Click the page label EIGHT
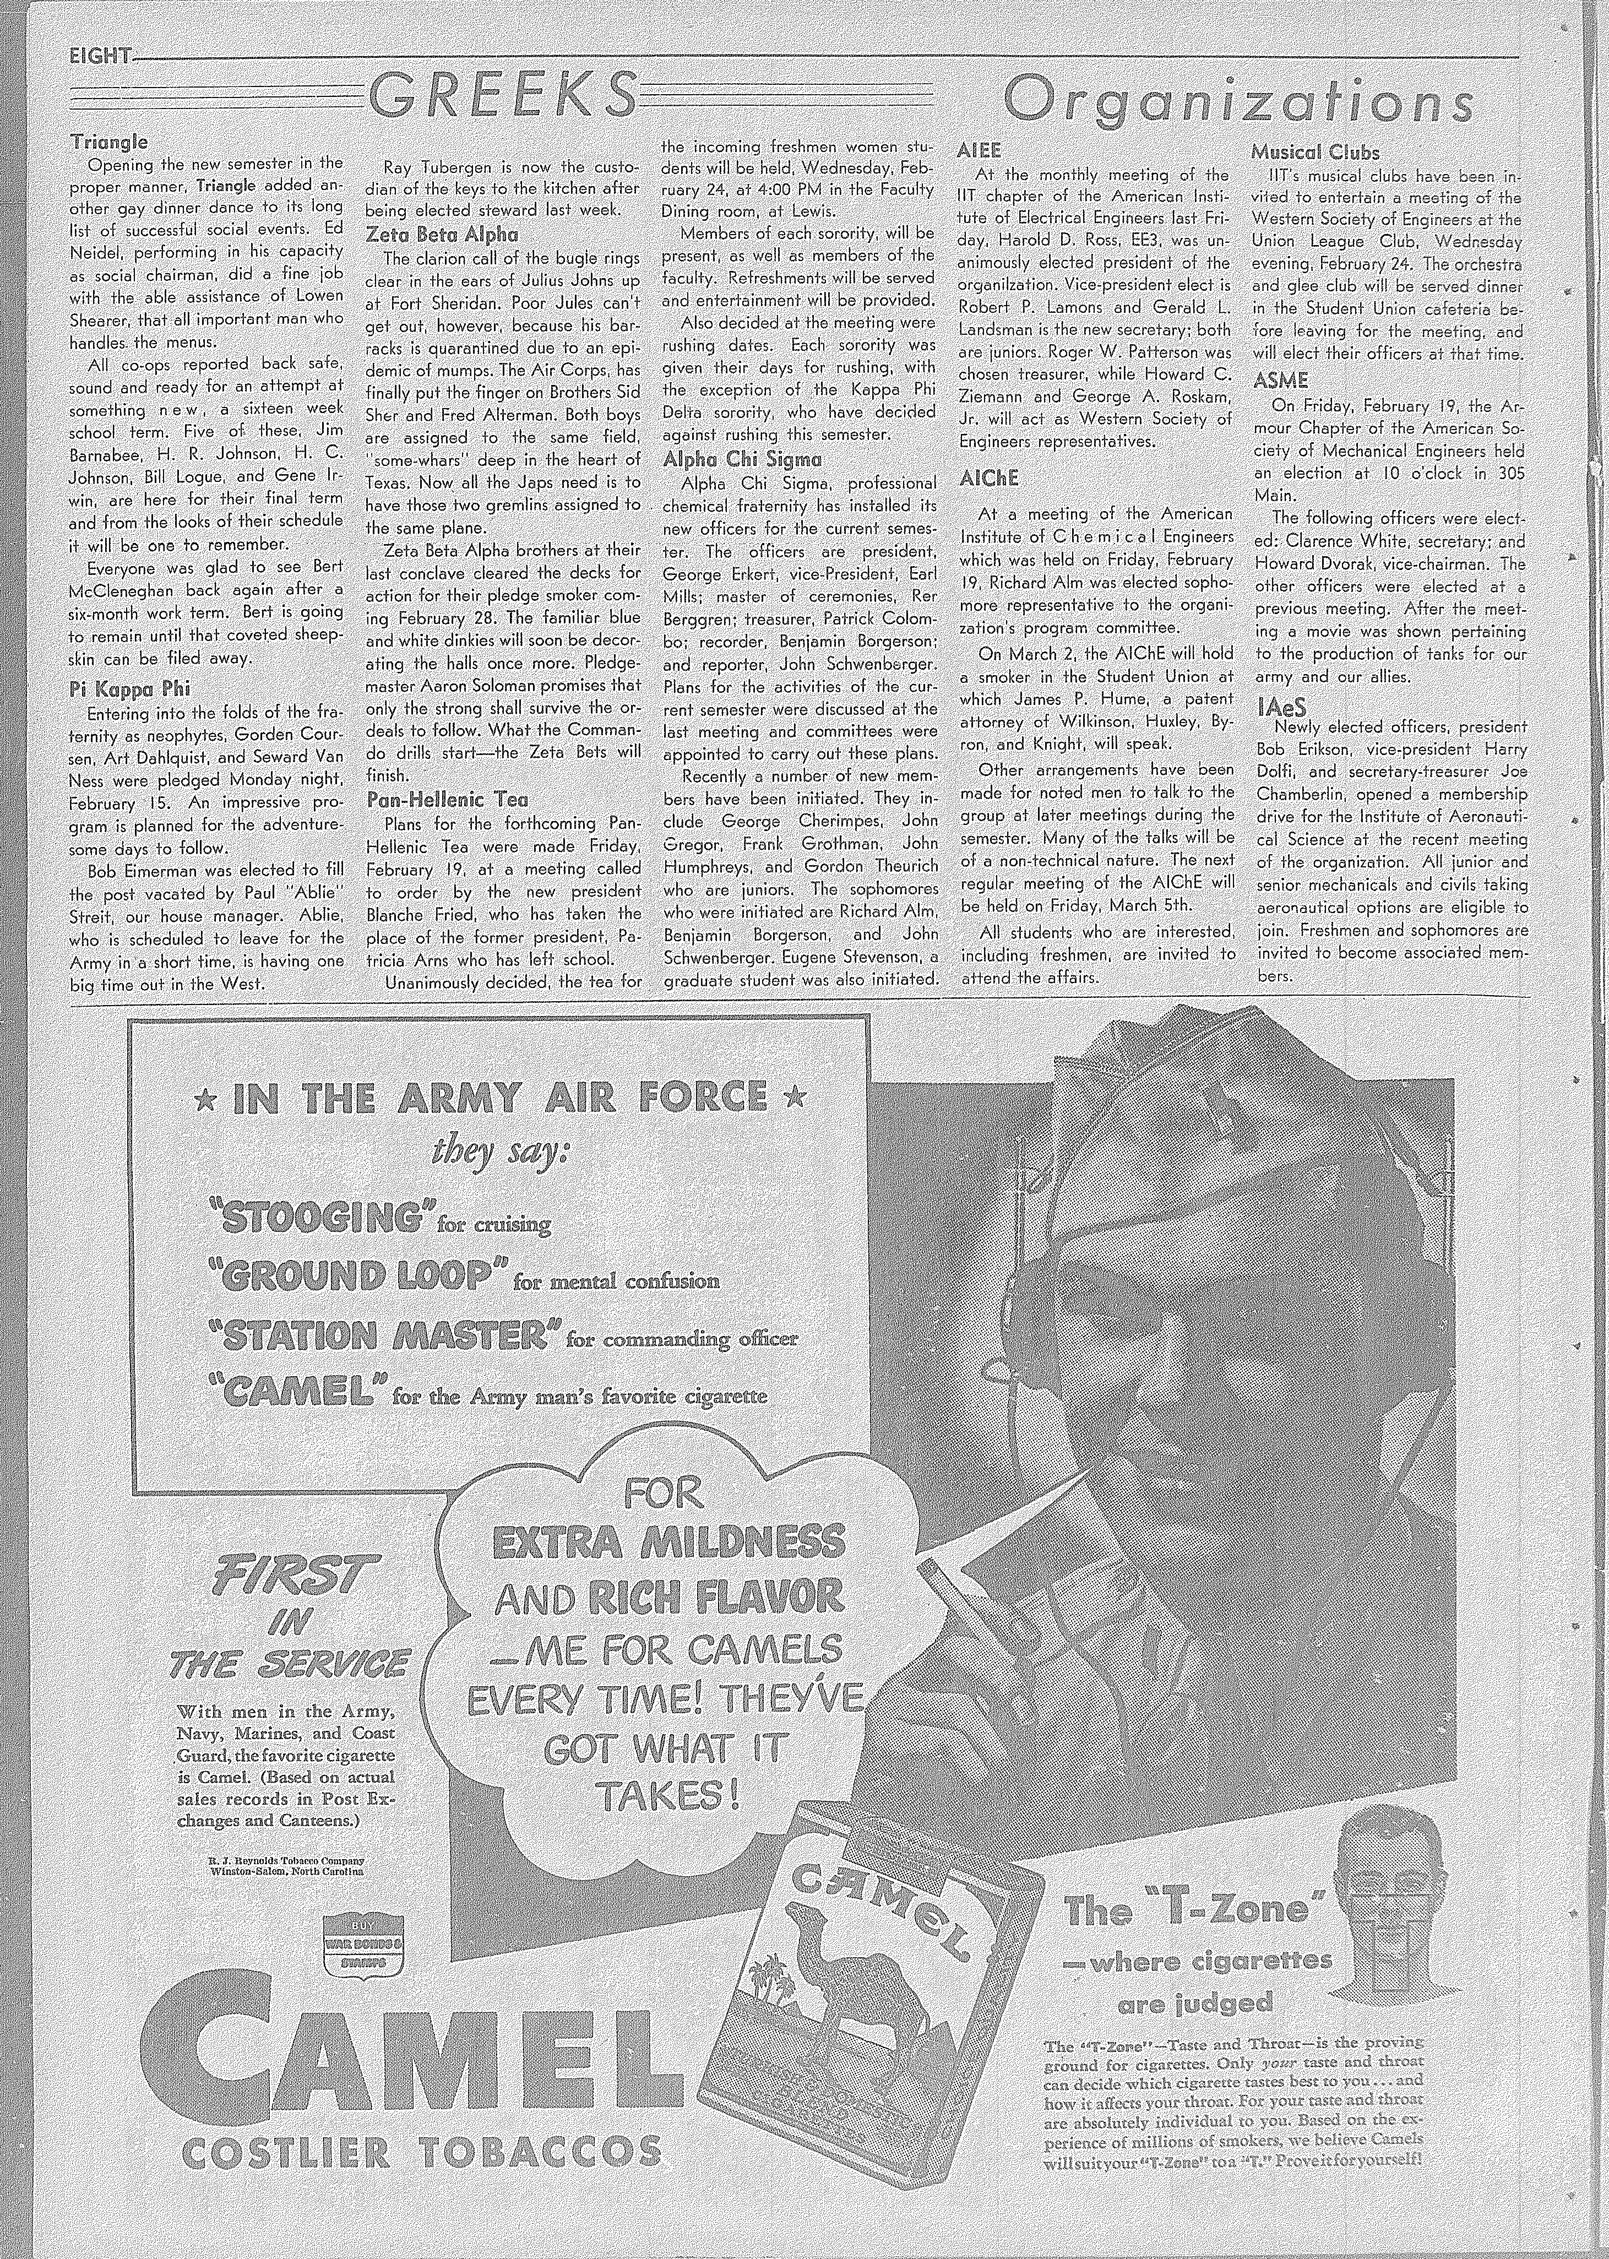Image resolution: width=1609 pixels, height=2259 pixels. pos(99,57)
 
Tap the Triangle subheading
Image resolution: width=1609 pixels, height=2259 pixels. pos(109,142)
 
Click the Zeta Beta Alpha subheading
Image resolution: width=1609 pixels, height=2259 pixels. pos(442,234)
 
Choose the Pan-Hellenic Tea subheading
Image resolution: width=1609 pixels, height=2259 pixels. pos(446,799)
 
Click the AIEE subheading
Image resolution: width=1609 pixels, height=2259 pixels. pos(980,150)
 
